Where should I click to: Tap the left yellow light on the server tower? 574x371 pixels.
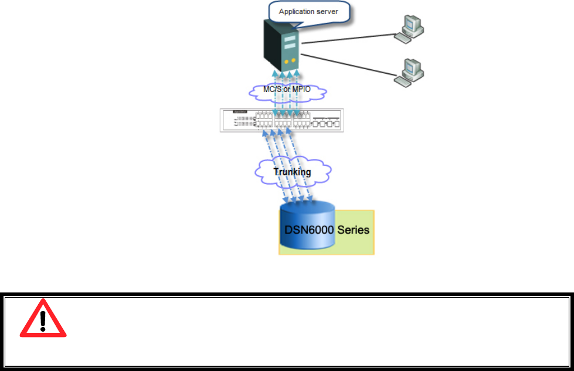pyautogui.click(x=286, y=60)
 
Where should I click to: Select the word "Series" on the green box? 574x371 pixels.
pyautogui.click(x=354, y=230)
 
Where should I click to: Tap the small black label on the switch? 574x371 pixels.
pyautogui.click(x=240, y=111)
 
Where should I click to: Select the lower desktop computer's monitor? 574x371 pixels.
pyautogui.click(x=410, y=66)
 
